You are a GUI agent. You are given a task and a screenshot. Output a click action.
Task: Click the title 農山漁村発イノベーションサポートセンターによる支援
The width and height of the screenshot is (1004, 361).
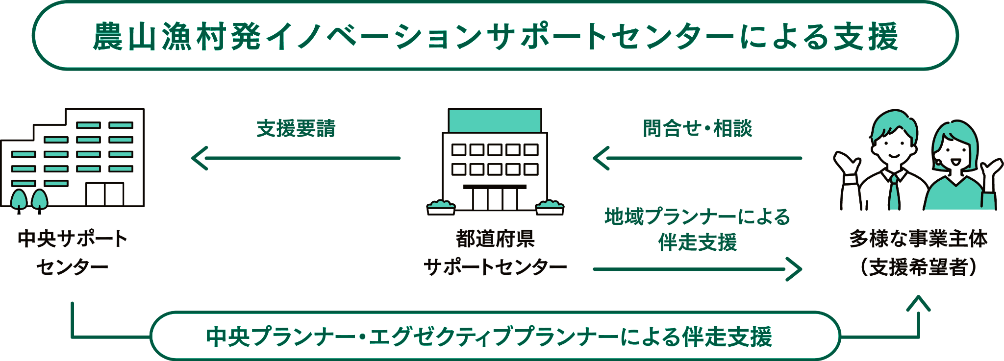click(x=495, y=37)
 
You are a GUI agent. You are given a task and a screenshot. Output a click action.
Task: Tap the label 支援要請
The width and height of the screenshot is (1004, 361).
click(x=296, y=128)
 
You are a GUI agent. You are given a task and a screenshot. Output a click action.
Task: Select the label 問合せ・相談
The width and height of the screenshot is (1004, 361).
click(x=697, y=128)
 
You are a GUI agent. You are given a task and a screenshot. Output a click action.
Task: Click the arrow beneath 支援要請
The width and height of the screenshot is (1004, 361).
click(x=296, y=158)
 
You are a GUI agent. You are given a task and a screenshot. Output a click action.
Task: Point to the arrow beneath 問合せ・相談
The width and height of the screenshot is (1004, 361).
click(x=697, y=158)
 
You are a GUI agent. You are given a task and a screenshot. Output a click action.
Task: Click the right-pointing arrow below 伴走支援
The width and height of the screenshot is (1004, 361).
click(x=697, y=269)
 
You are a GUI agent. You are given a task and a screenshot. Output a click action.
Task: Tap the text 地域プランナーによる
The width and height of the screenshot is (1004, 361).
click(x=697, y=217)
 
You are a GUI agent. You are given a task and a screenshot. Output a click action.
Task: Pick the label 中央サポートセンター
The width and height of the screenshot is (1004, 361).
click(x=72, y=253)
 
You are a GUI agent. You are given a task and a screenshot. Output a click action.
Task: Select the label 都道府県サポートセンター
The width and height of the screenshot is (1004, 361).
click(x=495, y=253)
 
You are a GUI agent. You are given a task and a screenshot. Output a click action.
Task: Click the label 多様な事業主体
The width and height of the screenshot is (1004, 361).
click(x=918, y=240)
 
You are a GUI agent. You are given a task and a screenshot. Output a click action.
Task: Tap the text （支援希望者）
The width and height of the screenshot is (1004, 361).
click(x=918, y=267)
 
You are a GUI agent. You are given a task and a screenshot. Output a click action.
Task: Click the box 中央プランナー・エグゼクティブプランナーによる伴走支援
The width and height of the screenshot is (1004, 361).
click(x=495, y=337)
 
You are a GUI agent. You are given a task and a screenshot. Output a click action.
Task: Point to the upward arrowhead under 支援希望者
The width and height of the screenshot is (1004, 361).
click(x=918, y=304)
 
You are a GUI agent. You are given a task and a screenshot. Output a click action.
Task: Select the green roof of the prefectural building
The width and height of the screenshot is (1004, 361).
click(x=495, y=121)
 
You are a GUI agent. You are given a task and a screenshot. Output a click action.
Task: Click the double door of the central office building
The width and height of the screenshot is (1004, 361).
click(x=105, y=194)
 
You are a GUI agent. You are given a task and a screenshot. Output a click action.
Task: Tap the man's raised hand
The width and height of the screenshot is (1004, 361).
click(x=847, y=165)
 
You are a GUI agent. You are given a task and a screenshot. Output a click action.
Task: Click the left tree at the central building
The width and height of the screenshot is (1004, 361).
click(x=19, y=199)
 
